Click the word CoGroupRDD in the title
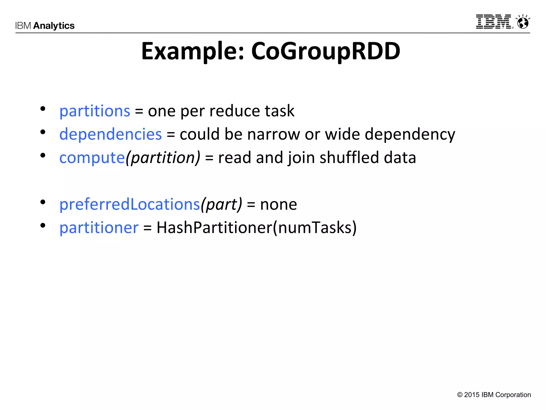pyautogui.click(x=326, y=51)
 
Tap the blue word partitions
pyautogui.click(x=95, y=111)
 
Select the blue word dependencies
pyautogui.click(x=110, y=134)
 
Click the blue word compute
pyautogui.click(x=92, y=157)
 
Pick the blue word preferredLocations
pyautogui.click(x=130, y=204)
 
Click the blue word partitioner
pyautogui.click(x=99, y=228)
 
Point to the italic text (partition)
pyautogui.click(x=163, y=157)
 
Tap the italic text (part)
pyautogui.click(x=221, y=204)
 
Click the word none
pyautogui.click(x=278, y=205)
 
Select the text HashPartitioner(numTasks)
pyautogui.click(x=256, y=228)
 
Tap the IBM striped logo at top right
pyautogui.click(x=494, y=22)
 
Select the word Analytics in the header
pyautogui.click(x=54, y=26)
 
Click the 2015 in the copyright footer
pyautogui.click(x=472, y=395)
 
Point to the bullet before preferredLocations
pyautogui.click(x=43, y=202)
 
